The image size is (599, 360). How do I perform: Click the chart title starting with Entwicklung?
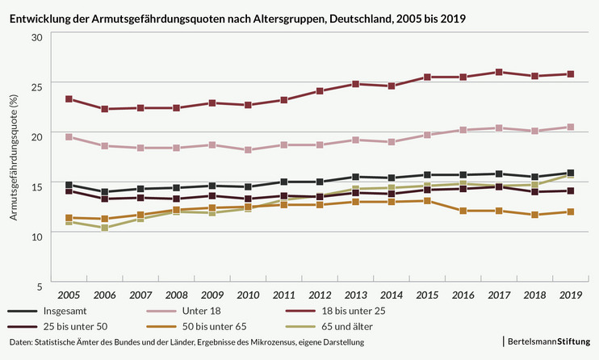click(237, 16)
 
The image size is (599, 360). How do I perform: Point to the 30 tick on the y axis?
click(36, 37)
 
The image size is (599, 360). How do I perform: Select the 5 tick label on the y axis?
click(39, 286)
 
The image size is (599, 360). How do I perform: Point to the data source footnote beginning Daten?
click(186, 343)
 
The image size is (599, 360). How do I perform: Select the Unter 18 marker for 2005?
click(69, 137)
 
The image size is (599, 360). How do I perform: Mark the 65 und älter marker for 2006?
click(105, 228)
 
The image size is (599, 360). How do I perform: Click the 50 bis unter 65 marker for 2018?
click(534, 215)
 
